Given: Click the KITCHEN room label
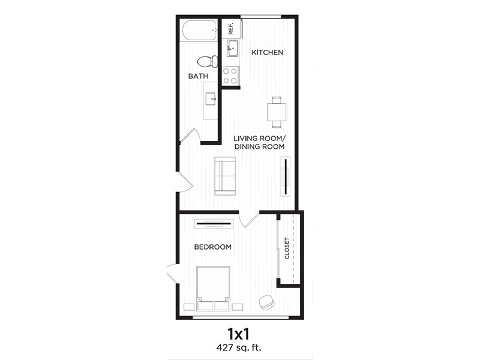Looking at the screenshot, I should (267, 53).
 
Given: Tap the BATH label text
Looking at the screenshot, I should (198, 76).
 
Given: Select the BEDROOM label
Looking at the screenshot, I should (212, 247).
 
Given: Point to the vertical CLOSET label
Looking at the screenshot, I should (287, 248).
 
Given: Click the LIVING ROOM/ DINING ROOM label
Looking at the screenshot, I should (259, 142).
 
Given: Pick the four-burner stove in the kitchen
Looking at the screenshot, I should (231, 76).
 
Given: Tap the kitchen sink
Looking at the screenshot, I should (232, 49).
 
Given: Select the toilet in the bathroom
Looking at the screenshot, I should (206, 61).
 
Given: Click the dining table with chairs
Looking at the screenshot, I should (277, 112).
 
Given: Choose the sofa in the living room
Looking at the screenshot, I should (226, 175).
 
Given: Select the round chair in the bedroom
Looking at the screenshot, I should (266, 301).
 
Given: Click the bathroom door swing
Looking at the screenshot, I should (190, 136).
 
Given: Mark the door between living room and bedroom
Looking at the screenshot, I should (248, 219).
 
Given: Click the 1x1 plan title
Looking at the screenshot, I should (239, 333).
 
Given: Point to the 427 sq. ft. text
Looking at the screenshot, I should (239, 347).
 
